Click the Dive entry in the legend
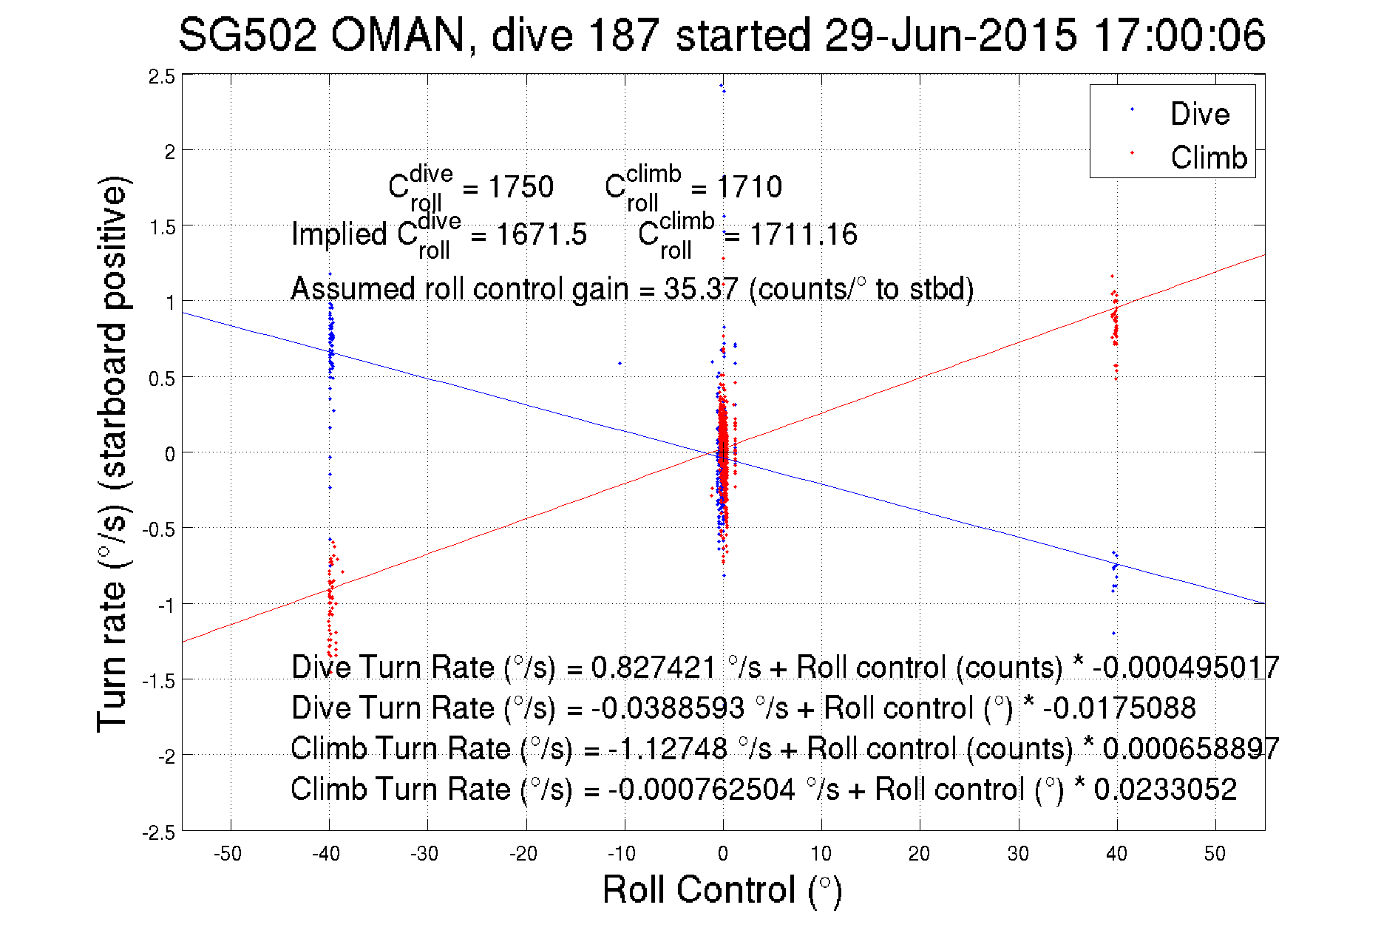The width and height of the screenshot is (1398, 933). (x=1199, y=114)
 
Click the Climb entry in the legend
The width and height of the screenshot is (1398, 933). (x=1208, y=157)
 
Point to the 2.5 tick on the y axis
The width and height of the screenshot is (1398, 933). (x=162, y=76)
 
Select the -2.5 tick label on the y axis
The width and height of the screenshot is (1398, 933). (x=159, y=832)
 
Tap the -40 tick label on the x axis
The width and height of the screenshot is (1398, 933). (x=326, y=854)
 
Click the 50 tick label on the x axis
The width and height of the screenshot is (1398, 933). (x=1215, y=854)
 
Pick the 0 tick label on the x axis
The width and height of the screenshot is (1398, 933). (x=722, y=854)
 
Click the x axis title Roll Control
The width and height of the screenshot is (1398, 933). (x=722, y=889)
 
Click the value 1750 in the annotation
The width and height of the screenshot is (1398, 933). (x=520, y=187)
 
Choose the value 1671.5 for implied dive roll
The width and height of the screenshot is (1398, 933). (x=541, y=235)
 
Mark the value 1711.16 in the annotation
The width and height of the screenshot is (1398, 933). (x=804, y=235)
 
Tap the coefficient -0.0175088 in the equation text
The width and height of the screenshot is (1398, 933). (x=1119, y=708)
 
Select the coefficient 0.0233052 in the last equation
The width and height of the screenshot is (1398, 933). (x=1165, y=790)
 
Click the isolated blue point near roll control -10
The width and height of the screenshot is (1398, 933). (x=620, y=363)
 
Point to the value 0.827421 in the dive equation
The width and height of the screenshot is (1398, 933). (x=654, y=668)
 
